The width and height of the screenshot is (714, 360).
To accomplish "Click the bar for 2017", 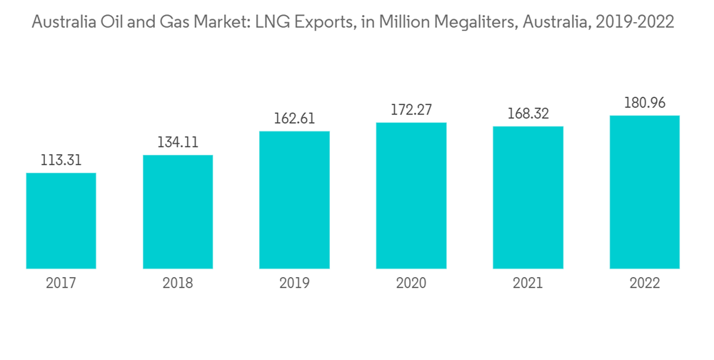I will [x=61, y=221].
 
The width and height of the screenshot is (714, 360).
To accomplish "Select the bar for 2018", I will [x=178, y=212].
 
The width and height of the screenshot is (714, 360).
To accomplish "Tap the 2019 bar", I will [x=294, y=200].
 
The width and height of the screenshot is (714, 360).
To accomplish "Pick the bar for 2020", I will [x=411, y=196].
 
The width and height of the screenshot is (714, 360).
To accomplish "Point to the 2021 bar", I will [x=528, y=198].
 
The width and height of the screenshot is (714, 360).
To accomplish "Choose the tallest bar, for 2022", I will [x=645, y=192].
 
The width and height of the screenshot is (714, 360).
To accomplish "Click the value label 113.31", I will [x=61, y=161].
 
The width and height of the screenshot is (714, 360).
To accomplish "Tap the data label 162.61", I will [x=294, y=119].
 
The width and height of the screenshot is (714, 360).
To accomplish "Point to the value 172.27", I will [x=411, y=111].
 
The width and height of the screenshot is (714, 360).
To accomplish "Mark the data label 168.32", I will [x=528, y=114].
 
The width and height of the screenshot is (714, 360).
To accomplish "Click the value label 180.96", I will [x=645, y=104].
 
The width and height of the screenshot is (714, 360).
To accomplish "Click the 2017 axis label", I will [x=61, y=284].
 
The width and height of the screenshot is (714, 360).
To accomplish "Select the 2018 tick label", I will [x=178, y=284].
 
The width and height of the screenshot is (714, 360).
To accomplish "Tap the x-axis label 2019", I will [x=294, y=284].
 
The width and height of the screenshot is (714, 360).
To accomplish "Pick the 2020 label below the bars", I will [x=411, y=284].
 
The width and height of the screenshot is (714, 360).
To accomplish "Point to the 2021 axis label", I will [x=528, y=284].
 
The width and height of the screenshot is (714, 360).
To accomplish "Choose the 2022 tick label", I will [x=645, y=284].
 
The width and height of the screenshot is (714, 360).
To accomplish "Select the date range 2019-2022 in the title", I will [x=635, y=22].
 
